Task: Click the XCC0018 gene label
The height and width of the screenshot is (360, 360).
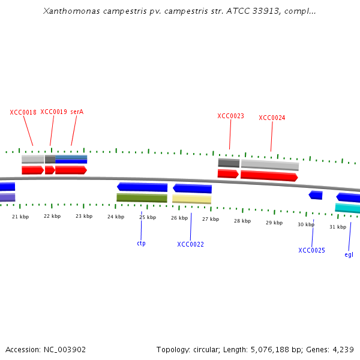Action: [x=23, y=112]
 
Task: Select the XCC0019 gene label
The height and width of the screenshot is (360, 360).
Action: [x=53, y=112]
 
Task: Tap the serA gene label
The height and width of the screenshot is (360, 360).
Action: [x=77, y=112]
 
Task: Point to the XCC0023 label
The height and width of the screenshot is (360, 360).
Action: [x=230, y=116]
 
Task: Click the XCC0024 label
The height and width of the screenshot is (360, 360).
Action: [x=272, y=118]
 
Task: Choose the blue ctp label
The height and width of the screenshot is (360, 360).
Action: [x=141, y=243]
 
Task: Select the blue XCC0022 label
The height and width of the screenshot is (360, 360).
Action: [x=190, y=244]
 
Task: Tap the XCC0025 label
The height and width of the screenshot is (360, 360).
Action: [x=311, y=250]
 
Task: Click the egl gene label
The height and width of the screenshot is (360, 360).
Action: [x=349, y=254]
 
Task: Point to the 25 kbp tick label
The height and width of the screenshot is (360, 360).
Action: [x=147, y=217]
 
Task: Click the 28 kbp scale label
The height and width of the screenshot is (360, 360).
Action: [x=242, y=221]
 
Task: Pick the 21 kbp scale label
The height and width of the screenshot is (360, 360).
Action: [x=20, y=216]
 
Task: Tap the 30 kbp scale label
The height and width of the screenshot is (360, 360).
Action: [x=305, y=224]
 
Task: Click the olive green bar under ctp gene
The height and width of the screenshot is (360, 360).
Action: [x=142, y=197]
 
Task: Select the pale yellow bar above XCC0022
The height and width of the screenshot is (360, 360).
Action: [x=191, y=199]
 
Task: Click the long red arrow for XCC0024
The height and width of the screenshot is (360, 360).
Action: [x=269, y=175]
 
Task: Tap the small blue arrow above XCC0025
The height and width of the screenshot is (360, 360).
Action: [x=316, y=195]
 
